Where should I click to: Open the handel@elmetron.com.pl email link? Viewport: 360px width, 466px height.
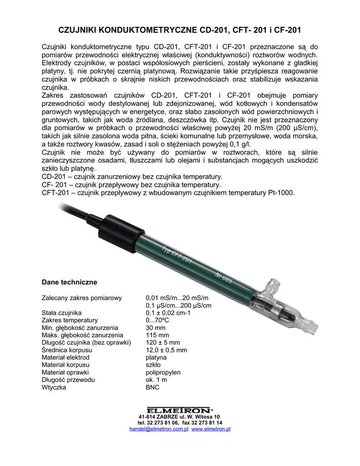[x=159, y=429]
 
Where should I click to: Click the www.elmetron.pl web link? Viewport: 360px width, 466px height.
[x=211, y=429]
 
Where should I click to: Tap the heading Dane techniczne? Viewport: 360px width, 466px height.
[x=69, y=282]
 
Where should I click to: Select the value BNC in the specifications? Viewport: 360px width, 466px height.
[x=152, y=387]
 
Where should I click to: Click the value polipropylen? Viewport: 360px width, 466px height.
[x=163, y=372]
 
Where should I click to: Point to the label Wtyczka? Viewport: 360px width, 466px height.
[x=54, y=387]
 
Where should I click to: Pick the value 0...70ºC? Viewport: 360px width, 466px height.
[x=158, y=320]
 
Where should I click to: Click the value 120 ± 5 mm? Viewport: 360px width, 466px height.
[x=162, y=343]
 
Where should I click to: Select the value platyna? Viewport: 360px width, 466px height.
[x=156, y=358]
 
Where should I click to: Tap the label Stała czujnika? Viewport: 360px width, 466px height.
[x=61, y=313]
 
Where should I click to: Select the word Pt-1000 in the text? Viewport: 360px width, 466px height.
[x=279, y=192]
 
